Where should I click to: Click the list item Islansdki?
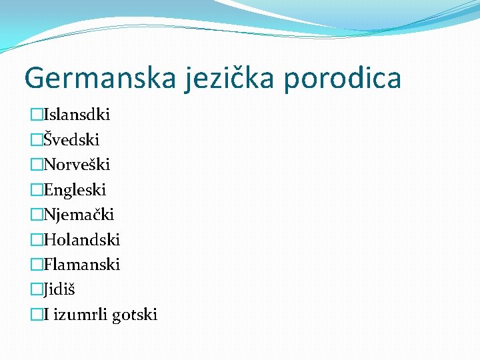77,115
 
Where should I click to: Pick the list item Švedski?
71,140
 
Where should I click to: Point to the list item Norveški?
77,165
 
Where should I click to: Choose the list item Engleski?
75,190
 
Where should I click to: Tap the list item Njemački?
79,215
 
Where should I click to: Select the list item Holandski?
81,239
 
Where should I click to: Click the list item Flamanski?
81,265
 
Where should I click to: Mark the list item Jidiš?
60,289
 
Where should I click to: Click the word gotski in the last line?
134,315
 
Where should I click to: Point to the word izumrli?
79,315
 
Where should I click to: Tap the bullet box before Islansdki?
37,115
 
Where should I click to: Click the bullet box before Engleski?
37,190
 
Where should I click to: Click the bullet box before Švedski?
37,140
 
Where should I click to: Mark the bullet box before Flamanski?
37,265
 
